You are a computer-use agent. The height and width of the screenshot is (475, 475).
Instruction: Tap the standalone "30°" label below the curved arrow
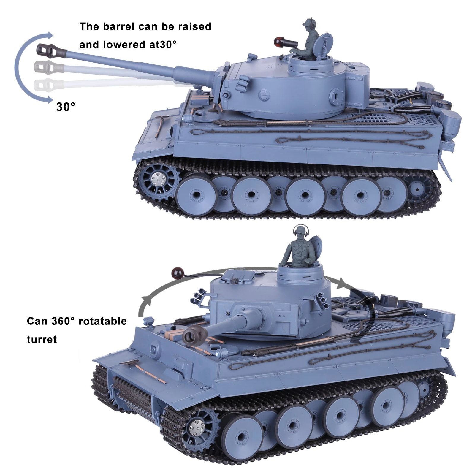(x=66, y=107)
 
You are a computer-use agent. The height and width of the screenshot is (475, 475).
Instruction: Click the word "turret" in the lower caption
(x=42, y=339)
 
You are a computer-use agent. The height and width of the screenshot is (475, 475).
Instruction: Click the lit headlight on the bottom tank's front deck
(x=219, y=353)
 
